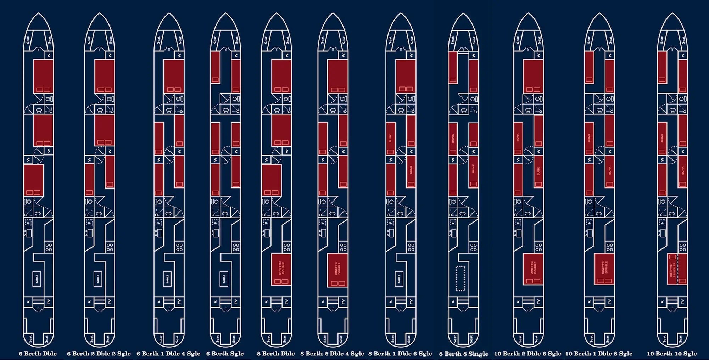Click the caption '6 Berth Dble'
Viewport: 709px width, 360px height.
pyautogui.click(x=38, y=353)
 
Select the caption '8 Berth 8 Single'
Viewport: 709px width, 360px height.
pyautogui.click(x=464, y=354)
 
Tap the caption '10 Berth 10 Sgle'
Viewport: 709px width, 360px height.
pyautogui.click(x=672, y=353)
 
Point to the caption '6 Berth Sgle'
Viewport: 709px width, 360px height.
pyautogui.click(x=225, y=353)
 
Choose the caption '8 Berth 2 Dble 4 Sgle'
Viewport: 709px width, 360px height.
pyautogui.click(x=332, y=353)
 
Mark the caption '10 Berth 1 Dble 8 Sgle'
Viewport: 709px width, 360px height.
pyautogui.click(x=599, y=353)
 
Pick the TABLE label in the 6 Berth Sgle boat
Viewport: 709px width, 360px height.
pyautogui.click(x=224, y=280)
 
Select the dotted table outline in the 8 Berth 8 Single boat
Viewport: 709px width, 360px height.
pyautogui.click(x=460, y=279)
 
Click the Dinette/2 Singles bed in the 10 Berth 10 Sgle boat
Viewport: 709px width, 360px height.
pyautogui.click(x=677, y=269)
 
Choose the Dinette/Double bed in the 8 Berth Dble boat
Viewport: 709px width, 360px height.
pyautogui.click(x=281, y=269)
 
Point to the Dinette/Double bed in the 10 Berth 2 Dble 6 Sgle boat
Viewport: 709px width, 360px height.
pyautogui.click(x=533, y=269)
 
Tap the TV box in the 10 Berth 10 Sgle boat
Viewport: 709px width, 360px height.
pyautogui.click(x=682, y=302)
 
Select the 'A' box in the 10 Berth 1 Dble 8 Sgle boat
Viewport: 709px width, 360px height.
pyautogui.click(x=590, y=302)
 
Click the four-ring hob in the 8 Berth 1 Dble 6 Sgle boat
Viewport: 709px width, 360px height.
pyautogui.click(x=411, y=247)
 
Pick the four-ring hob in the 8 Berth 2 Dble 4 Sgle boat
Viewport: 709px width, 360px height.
pyautogui.click(x=343, y=247)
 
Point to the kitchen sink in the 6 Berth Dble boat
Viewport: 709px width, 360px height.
pyautogui.click(x=29, y=233)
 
